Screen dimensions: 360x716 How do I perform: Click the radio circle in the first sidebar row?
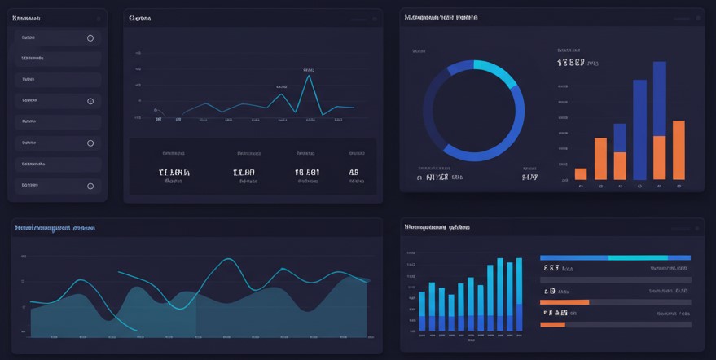[90, 38]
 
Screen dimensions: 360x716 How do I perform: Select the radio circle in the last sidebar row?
[90, 187]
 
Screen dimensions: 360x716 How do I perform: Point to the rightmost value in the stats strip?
[354, 173]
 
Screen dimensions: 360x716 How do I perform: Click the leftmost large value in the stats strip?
[174, 173]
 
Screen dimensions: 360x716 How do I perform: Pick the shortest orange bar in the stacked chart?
[581, 173]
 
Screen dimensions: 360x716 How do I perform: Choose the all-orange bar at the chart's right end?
[679, 150]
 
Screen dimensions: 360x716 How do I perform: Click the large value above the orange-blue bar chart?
[571, 63]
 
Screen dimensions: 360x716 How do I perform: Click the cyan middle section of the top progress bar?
[638, 257]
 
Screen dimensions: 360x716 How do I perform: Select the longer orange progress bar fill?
[564, 302]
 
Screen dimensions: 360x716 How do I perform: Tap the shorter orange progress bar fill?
[552, 324]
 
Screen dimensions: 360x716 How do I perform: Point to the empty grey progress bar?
[615, 280]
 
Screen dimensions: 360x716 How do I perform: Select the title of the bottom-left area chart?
[55, 229]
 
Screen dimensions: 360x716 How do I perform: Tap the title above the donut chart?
[441, 17]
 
